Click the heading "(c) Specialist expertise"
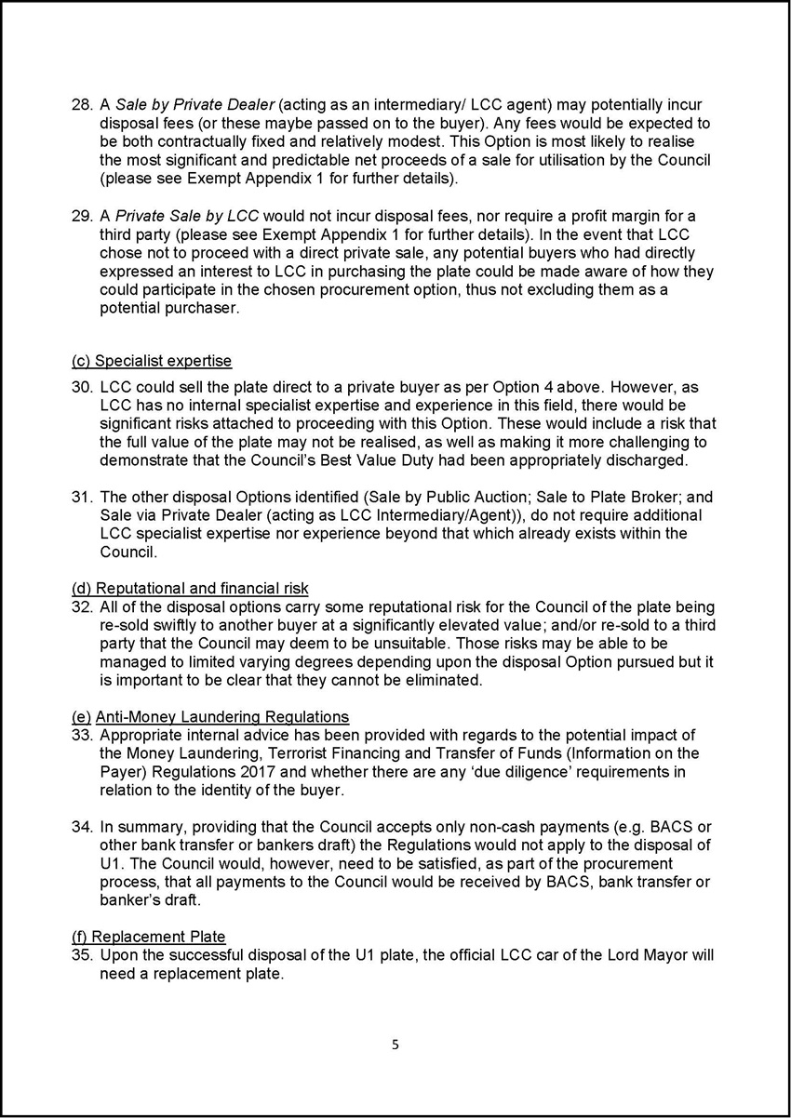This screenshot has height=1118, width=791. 152,361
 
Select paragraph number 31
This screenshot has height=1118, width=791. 81,497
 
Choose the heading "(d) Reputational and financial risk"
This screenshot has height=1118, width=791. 190,588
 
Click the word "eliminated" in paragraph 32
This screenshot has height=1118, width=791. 438,680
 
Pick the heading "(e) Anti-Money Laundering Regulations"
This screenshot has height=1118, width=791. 210,716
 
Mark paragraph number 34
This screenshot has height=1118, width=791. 81,827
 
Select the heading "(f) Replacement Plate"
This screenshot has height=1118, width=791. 149,937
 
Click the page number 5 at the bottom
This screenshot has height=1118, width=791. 395,1045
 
